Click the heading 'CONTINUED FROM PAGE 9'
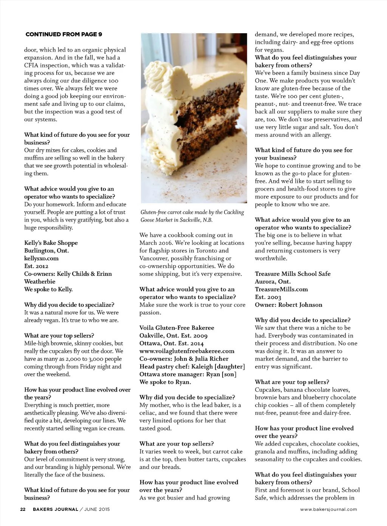(63, 34)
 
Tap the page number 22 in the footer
(23, 509)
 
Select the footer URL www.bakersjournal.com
(328, 509)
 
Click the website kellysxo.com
(41, 258)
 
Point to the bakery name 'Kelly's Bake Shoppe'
(51, 243)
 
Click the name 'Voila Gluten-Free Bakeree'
(176, 328)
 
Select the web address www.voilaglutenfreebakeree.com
(187, 351)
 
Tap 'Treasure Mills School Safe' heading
(293, 274)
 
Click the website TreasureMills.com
(281, 289)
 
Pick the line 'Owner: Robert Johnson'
(288, 305)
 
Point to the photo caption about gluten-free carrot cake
(192, 216)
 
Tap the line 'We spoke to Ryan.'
(165, 382)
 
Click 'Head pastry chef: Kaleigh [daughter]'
(192, 367)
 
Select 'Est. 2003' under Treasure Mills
(268, 297)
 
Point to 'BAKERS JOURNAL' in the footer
(56, 509)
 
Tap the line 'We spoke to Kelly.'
(48, 289)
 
